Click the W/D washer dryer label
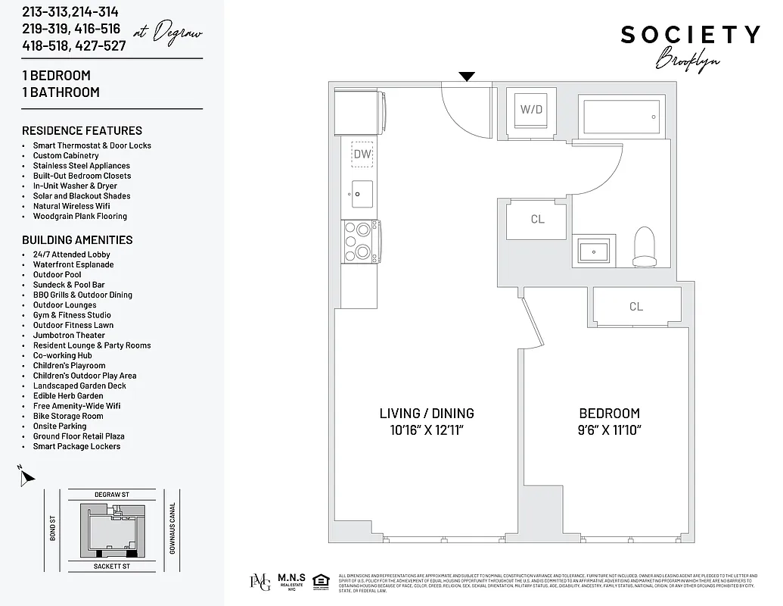(531, 109)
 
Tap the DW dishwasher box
(362, 154)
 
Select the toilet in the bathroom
(645, 246)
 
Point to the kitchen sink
(362, 193)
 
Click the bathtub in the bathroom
(620, 117)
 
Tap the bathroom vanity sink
(595, 250)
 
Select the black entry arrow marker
(468, 76)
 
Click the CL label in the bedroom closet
(635, 307)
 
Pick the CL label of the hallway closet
(537, 220)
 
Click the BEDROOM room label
(609, 414)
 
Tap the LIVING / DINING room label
(427, 414)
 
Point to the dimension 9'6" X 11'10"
(609, 430)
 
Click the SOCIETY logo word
(690, 35)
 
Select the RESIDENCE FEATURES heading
(82, 130)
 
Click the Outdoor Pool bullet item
(57, 275)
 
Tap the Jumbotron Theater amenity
(69, 336)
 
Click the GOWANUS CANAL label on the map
(172, 527)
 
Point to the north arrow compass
(26, 477)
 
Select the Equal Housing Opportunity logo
(319, 582)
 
